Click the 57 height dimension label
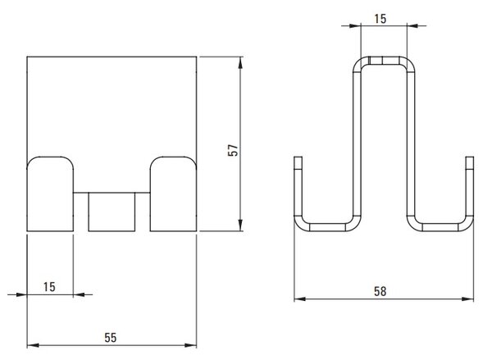233,150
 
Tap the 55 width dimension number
111,338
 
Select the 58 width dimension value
380,292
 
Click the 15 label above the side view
380,19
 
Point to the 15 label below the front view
49,287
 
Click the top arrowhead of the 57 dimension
240,63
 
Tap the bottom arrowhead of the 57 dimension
240,225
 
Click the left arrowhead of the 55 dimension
33,345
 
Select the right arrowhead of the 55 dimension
190,345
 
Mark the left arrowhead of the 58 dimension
300,299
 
